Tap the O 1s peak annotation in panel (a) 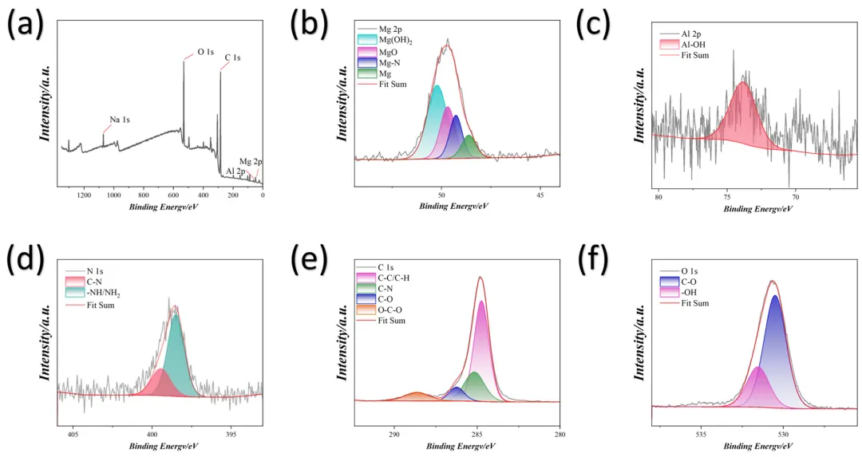click(205, 53)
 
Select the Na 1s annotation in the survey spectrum click(120, 120)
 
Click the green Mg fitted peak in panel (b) click(469, 148)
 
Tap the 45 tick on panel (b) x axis click(540, 195)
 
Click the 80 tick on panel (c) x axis click(658, 195)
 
